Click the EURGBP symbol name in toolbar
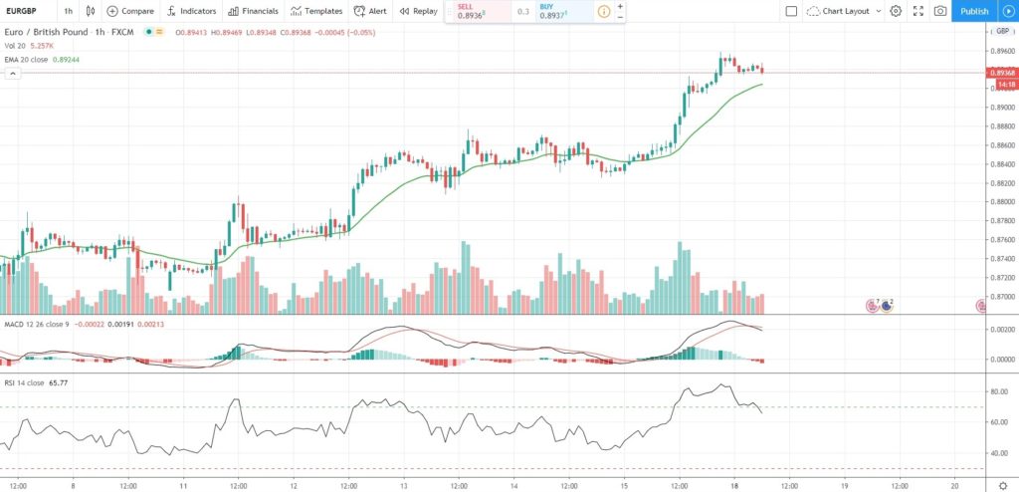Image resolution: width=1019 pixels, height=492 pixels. pos(24,11)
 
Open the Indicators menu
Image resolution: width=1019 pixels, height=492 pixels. pos(191,11)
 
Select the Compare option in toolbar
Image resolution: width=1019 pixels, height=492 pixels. pos(130,11)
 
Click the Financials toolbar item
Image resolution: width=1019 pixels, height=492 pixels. pos(253,11)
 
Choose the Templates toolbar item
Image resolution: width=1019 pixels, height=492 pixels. pos(316,11)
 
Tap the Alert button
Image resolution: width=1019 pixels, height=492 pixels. pos(371,11)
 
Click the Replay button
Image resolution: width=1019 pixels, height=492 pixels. pos(418,11)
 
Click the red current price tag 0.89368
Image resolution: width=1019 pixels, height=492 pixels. pos(1000,73)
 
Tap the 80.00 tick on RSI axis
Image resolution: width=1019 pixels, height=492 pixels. pos(998,392)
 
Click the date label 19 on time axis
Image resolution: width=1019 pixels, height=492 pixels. pos(844,485)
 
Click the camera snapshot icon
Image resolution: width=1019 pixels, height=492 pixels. pos(940,11)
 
